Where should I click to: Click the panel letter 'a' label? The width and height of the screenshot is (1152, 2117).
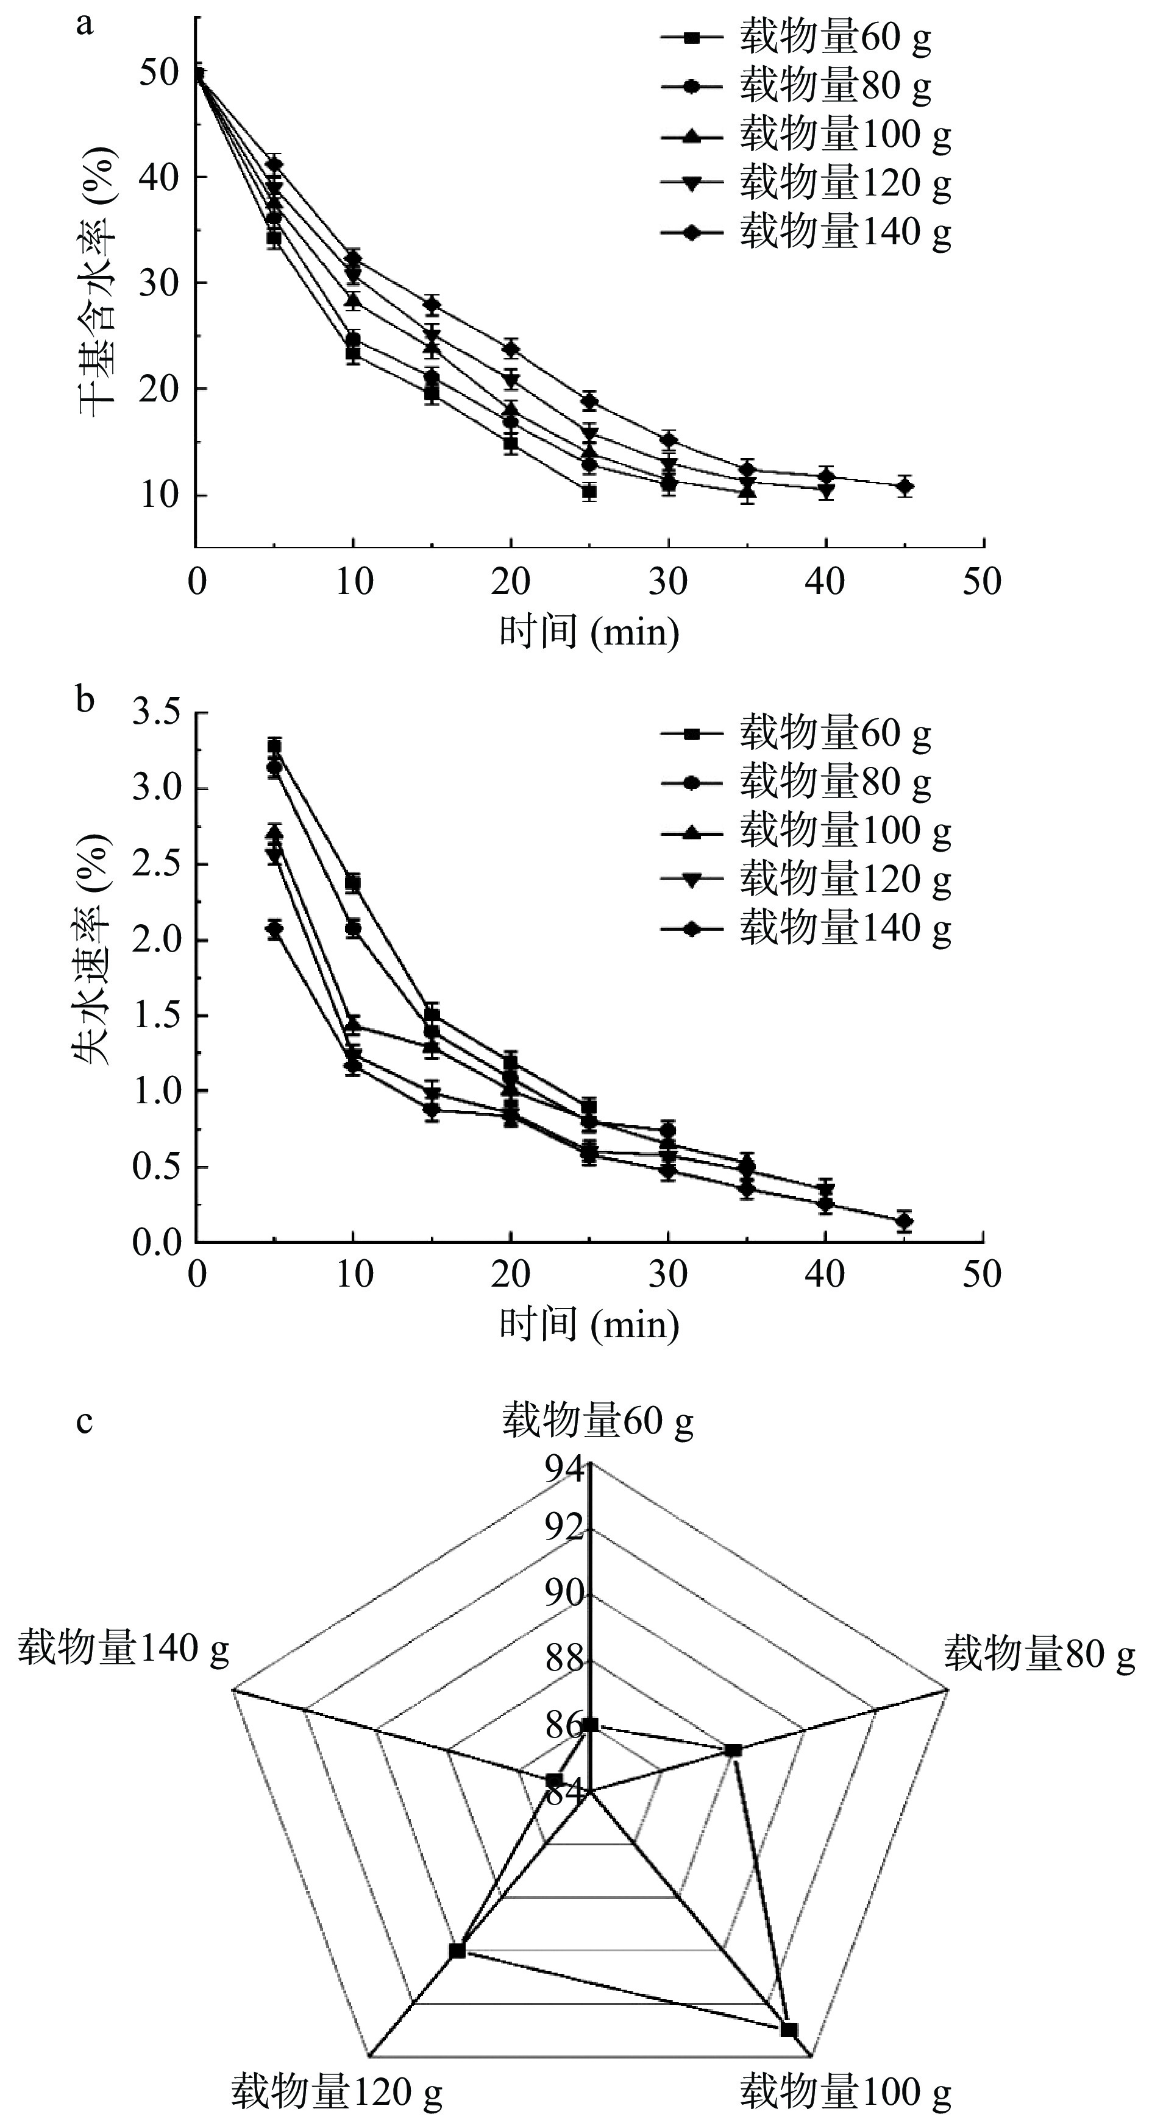click(84, 24)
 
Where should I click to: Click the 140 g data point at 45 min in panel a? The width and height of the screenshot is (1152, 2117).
click(905, 487)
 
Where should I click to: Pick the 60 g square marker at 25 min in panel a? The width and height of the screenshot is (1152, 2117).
click(589, 492)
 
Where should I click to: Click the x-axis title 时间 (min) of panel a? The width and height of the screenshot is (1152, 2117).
click(589, 633)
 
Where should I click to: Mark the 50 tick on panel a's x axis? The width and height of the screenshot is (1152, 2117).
click(983, 582)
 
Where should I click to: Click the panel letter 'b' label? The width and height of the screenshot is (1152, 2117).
click(85, 700)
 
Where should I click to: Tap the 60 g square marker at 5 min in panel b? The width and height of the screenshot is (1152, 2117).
click(274, 746)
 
